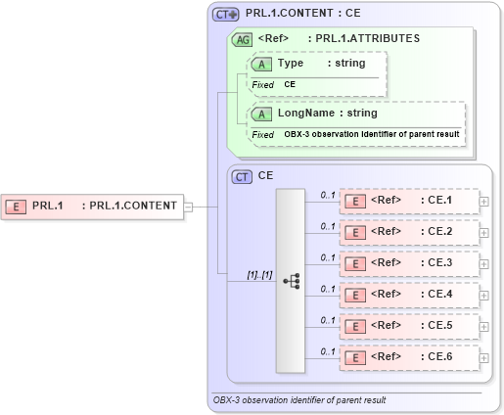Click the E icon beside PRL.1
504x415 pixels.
(x=16, y=206)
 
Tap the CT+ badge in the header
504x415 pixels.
(x=226, y=15)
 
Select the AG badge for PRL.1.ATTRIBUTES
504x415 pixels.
(x=241, y=39)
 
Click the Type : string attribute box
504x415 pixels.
(x=318, y=64)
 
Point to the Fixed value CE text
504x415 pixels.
(x=290, y=85)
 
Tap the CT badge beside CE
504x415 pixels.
(x=242, y=176)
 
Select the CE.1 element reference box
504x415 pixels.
(x=409, y=201)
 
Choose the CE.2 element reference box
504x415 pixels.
(x=409, y=232)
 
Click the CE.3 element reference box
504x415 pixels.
(x=409, y=262)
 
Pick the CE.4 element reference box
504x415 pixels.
(x=409, y=294)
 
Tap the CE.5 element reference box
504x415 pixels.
(x=409, y=325)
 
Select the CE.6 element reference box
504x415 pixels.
(x=409, y=356)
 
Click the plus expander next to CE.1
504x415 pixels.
(x=485, y=201)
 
